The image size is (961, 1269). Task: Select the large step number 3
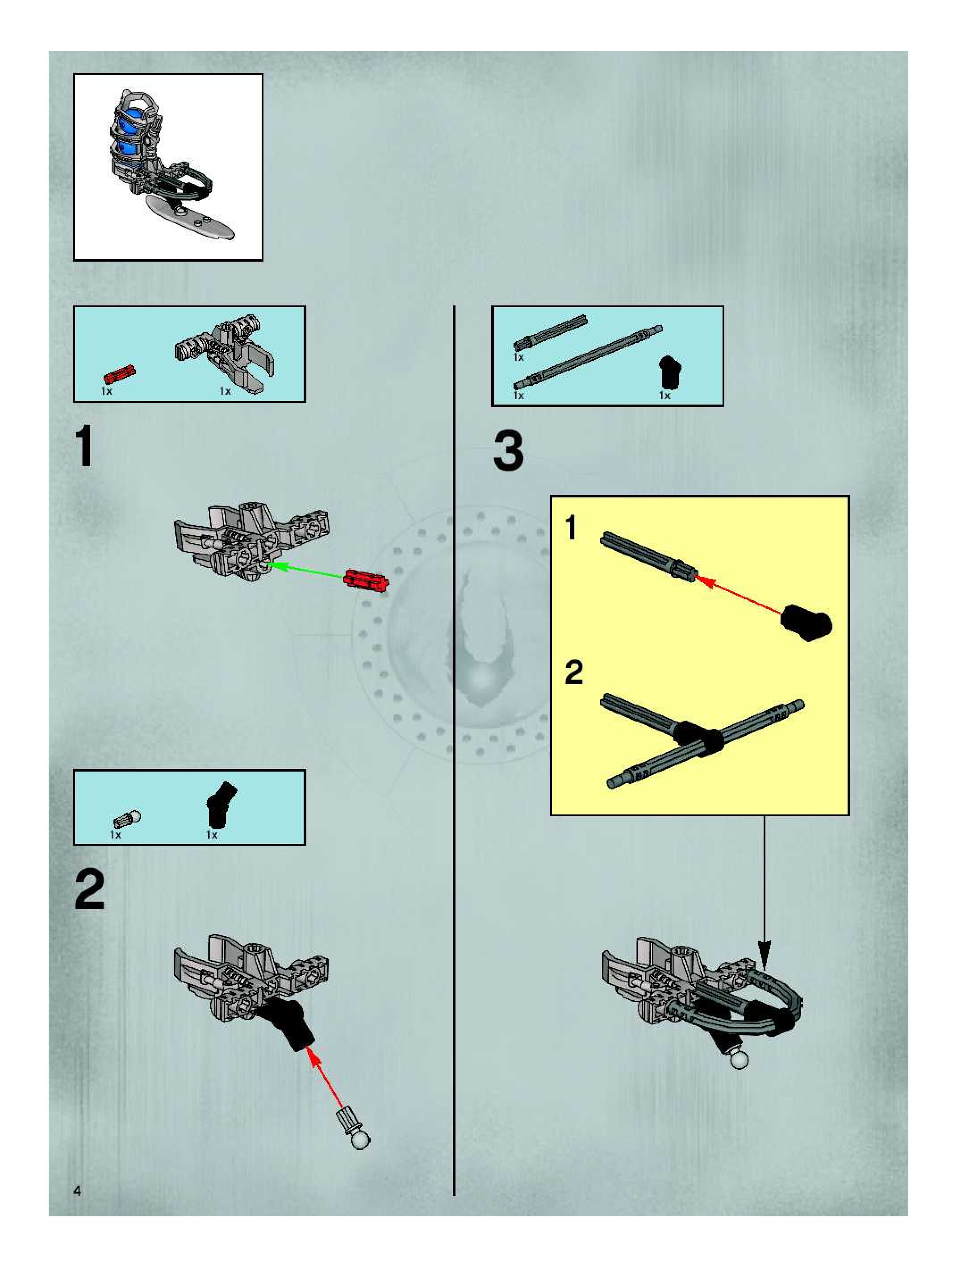[x=508, y=451]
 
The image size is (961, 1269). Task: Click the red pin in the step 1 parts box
[x=119, y=374]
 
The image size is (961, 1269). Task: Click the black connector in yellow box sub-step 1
[x=806, y=622]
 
